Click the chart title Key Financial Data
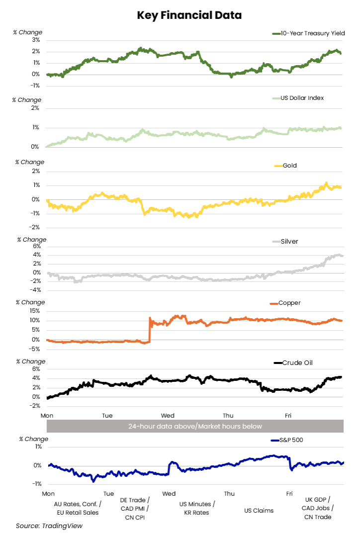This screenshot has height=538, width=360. pyautogui.click(x=189, y=15)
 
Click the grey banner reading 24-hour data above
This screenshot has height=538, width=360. pyautogui.click(x=195, y=426)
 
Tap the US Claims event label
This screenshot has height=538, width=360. pyautogui.click(x=259, y=510)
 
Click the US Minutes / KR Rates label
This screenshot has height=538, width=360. pyautogui.click(x=197, y=508)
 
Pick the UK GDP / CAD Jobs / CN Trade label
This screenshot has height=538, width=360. pyautogui.click(x=318, y=508)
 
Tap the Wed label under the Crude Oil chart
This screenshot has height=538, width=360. pyautogui.click(x=167, y=415)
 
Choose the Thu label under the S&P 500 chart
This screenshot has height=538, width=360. pyautogui.click(x=229, y=493)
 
